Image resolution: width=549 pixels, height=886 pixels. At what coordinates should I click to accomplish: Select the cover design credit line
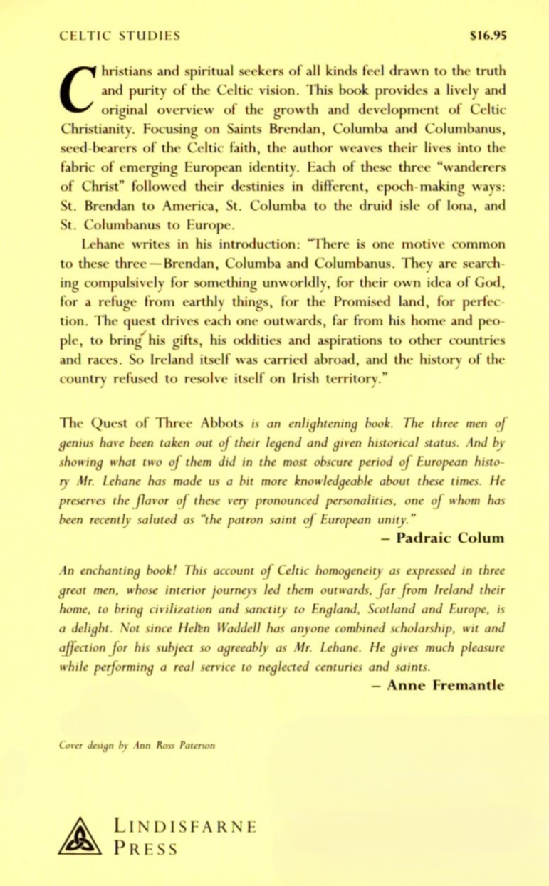tap(137, 746)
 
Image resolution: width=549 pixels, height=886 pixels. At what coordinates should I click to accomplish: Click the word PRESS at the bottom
tap(145, 849)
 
